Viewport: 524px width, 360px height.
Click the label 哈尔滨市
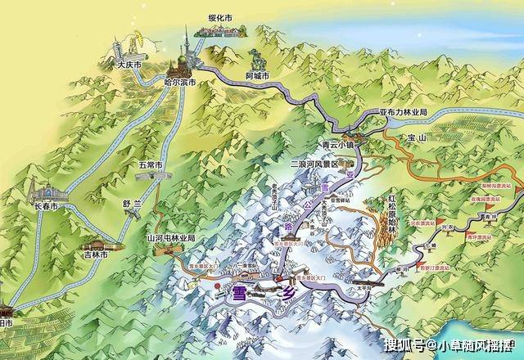point(178,83)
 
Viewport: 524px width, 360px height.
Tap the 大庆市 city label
point(129,64)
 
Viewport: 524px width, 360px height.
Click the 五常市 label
point(151,164)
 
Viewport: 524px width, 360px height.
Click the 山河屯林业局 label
point(170,238)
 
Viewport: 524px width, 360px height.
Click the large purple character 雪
point(240,293)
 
